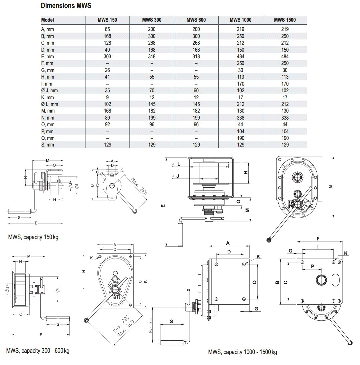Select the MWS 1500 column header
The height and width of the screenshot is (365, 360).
285,20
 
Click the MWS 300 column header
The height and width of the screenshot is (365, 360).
152,20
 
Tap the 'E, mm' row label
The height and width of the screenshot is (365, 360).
47,57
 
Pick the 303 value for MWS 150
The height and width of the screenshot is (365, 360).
107,57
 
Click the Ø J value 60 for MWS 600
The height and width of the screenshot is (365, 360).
196,91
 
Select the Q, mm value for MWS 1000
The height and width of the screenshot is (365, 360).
240,138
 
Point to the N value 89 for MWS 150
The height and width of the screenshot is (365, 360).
107,118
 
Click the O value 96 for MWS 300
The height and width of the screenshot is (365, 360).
152,125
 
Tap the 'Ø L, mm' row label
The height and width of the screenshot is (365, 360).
49,104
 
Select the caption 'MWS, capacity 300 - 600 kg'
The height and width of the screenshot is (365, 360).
38,351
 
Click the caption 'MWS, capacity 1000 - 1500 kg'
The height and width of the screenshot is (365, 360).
242,352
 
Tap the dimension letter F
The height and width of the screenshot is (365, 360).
318,238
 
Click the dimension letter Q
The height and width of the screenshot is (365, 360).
255,282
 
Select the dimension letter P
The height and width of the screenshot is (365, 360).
312,266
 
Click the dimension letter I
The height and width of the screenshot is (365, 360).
318,247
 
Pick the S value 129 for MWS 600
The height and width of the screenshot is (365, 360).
196,145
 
